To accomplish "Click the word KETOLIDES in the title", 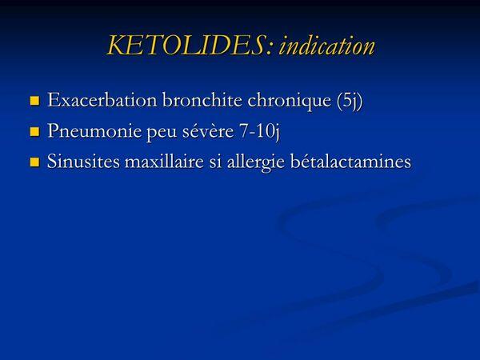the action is tap(186, 46).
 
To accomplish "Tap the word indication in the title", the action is tap(326, 46).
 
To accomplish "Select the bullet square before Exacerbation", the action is tap(35, 101).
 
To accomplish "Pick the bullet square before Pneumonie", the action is tap(35, 132).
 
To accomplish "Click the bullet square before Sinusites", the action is tap(35, 162).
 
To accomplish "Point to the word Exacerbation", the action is tap(102, 100).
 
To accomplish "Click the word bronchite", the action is tap(202, 100).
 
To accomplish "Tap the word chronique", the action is tap(289, 102).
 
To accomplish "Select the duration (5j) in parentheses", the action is tap(350, 101).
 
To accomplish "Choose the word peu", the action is tap(162, 134).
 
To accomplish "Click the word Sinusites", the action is tap(83, 162).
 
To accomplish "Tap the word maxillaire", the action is tap(164, 162).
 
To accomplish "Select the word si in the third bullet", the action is tap(215, 162).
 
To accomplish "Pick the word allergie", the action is tap(256, 163).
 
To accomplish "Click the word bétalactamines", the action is tap(350, 162).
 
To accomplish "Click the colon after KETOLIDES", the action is tap(269, 49).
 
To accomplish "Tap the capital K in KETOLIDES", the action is tap(118, 46).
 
